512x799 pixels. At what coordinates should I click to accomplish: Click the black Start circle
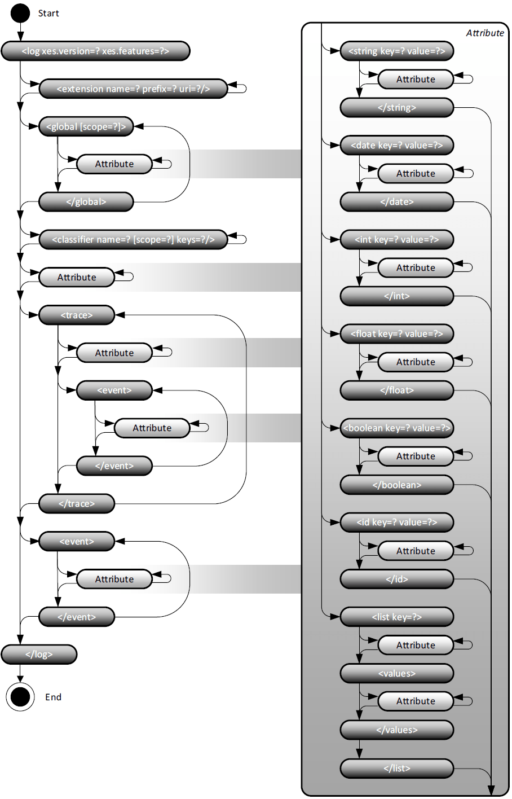click(x=20, y=13)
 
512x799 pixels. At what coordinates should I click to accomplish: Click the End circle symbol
click(x=20, y=697)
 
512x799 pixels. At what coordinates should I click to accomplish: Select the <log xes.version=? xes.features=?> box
click(x=95, y=51)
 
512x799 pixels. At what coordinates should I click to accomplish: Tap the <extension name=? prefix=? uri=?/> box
click(x=133, y=89)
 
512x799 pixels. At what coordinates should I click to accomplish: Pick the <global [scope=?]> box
click(x=86, y=126)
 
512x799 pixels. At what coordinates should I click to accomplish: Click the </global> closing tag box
click(x=86, y=201)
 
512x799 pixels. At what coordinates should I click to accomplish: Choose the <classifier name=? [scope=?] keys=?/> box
click(x=133, y=239)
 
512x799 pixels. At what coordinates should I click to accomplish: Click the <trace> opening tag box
click(x=77, y=315)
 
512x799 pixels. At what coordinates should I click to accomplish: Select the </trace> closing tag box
click(x=77, y=503)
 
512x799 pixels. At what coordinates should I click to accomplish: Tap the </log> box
click(x=39, y=655)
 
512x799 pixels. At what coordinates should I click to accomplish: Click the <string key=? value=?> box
click(x=397, y=51)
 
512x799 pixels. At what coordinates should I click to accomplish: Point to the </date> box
click(x=397, y=201)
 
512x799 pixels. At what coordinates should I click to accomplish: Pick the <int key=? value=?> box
click(x=397, y=239)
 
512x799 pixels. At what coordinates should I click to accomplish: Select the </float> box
click(x=397, y=390)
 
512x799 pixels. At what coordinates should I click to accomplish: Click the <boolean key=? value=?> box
click(x=397, y=428)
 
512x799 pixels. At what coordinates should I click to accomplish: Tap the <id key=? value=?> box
click(x=397, y=522)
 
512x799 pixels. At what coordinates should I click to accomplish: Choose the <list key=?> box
click(x=397, y=617)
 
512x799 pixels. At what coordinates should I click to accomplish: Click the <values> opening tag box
click(x=397, y=673)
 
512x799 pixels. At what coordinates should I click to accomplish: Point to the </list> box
click(x=397, y=768)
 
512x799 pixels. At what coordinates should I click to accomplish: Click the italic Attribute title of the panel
click(x=485, y=33)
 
